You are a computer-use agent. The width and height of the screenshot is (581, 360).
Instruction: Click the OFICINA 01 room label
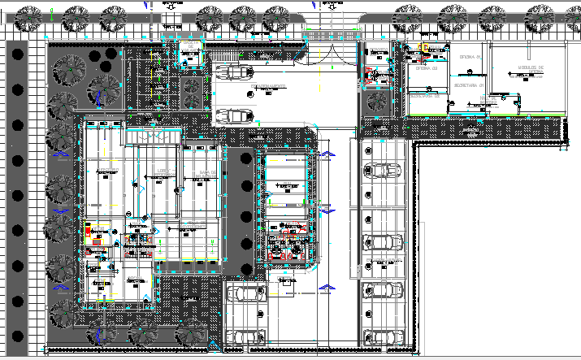470,57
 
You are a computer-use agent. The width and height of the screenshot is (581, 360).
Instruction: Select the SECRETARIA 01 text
469,85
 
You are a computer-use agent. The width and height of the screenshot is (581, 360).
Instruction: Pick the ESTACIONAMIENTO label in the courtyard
267,85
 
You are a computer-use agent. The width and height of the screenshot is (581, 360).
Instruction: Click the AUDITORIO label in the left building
106,171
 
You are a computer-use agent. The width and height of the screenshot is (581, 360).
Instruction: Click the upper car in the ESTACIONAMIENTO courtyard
235,71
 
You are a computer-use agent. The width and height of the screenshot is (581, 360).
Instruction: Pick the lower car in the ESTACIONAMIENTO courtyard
235,114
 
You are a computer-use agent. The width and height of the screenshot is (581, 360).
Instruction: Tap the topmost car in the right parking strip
383,171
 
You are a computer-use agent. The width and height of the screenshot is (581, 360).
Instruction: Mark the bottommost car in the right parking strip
383,334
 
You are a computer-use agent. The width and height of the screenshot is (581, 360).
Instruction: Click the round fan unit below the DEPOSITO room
379,101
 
